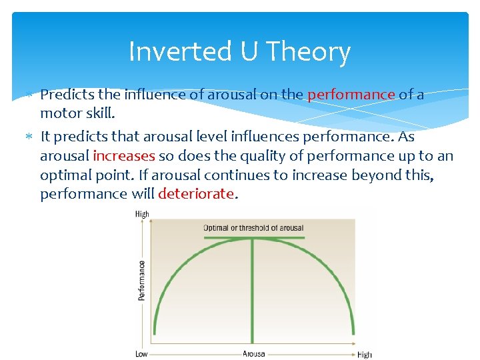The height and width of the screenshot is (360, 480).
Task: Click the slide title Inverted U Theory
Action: (x=239, y=51)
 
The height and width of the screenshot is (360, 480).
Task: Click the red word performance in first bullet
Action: (x=351, y=95)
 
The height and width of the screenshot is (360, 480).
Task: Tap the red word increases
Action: (x=124, y=156)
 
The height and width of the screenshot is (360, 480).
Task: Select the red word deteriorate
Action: (x=196, y=194)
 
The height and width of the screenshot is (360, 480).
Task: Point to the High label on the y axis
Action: (x=142, y=215)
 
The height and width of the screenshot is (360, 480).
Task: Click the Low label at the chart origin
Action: (x=141, y=354)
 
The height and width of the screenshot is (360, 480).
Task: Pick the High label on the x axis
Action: (x=364, y=355)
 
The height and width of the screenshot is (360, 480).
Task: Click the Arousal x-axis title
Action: (x=253, y=354)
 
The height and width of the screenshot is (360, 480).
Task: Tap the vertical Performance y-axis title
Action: (x=142, y=280)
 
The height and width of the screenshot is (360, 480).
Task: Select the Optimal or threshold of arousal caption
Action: (x=253, y=228)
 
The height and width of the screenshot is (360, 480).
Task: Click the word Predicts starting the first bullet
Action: (x=65, y=95)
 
